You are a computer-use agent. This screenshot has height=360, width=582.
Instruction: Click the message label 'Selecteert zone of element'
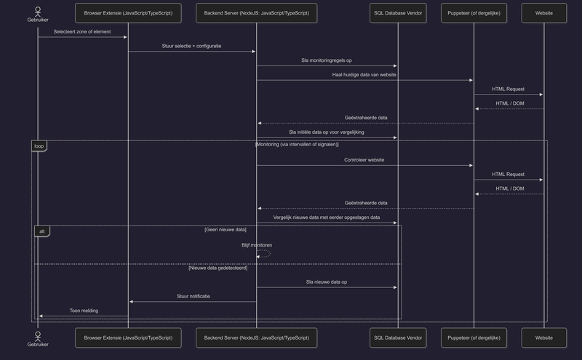point(82,32)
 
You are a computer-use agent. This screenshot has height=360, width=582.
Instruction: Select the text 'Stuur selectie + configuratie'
point(192,46)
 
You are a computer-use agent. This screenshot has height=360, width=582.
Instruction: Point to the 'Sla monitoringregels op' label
point(327,60)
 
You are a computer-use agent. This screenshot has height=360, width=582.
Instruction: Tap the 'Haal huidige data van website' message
point(364,75)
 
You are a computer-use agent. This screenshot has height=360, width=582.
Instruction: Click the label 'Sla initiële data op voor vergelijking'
point(327,132)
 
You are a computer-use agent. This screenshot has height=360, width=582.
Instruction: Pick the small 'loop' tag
point(39,145)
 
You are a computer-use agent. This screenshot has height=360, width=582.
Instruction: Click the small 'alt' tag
point(41,231)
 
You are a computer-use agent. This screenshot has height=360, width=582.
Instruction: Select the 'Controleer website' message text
point(364,160)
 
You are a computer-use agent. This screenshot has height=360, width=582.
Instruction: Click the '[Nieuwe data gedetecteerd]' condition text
point(218,268)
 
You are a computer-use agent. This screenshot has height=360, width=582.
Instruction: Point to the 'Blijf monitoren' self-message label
point(257,245)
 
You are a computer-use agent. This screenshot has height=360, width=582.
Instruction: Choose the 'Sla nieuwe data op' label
point(327,282)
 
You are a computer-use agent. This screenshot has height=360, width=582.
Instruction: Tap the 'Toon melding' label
point(84,311)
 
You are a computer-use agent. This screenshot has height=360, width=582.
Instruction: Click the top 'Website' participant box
point(543,13)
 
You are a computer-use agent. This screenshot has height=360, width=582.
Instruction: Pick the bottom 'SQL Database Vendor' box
point(397,337)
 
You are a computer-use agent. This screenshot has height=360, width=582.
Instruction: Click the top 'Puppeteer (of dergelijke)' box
point(474,13)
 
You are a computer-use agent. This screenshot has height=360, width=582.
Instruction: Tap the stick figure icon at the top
point(38,10)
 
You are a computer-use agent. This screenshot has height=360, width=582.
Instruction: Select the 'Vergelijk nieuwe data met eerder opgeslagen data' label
point(327,217)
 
